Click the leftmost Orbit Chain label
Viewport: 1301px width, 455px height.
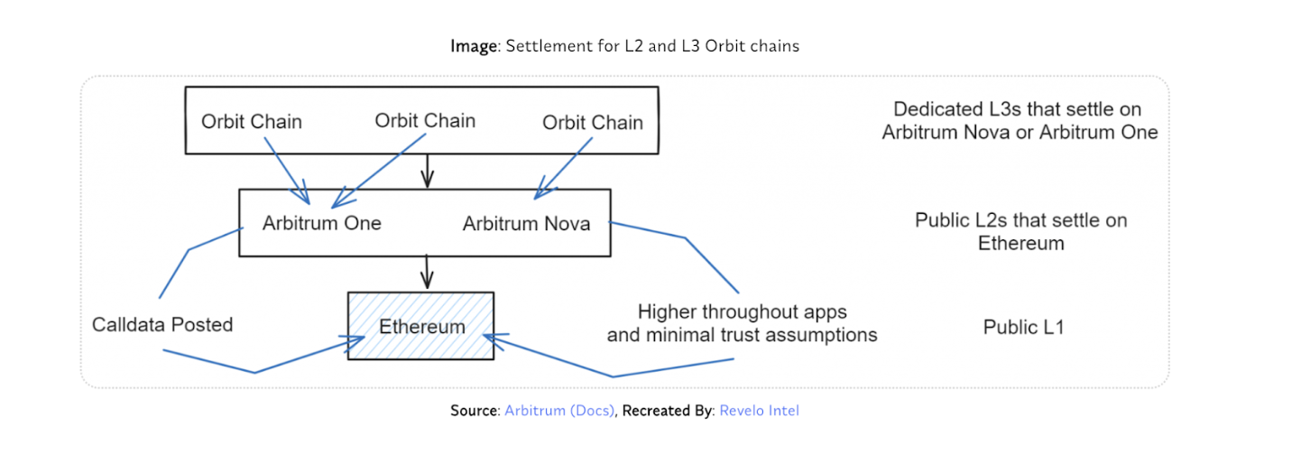[251, 122]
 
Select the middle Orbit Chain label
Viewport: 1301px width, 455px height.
[425, 120]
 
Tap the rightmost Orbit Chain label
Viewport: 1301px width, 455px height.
[593, 122]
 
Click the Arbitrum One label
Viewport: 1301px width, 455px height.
[322, 223]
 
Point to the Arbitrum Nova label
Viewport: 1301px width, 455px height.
[527, 223]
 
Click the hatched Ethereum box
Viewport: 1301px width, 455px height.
[421, 326]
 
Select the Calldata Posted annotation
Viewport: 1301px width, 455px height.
[162, 324]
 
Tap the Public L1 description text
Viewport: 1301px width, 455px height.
[1023, 327]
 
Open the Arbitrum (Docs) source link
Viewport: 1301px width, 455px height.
[559, 411]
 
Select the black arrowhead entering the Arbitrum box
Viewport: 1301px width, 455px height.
[428, 179]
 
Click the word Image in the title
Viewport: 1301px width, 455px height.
[474, 46]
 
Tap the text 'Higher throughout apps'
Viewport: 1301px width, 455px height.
[742, 312]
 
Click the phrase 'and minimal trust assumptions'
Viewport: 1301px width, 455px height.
[742, 335]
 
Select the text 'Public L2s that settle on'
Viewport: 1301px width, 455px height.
[1020, 220]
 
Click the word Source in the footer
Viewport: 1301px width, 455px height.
[474, 411]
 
